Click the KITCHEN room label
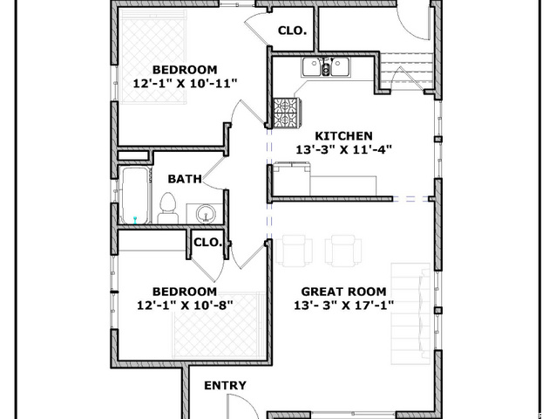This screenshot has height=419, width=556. (x=343, y=136)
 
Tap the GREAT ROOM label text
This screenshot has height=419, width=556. (x=343, y=292)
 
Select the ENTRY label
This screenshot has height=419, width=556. (x=225, y=386)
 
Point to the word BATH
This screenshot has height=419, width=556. (x=185, y=179)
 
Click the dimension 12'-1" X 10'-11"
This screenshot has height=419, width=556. (x=185, y=84)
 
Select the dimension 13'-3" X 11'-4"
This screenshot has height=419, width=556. (x=344, y=149)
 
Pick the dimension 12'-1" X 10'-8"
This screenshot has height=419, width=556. (x=185, y=305)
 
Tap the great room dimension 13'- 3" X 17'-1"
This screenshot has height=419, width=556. (x=344, y=305)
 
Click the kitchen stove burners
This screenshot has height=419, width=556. (x=288, y=113)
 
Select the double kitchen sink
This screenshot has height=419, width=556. (x=326, y=67)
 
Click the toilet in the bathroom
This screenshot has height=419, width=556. (x=167, y=208)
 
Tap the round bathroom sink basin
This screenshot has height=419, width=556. (x=206, y=214)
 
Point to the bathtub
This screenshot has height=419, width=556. (x=135, y=196)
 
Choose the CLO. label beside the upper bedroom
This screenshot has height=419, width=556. (x=292, y=31)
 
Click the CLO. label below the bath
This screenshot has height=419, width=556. (x=207, y=243)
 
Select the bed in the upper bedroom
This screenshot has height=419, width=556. (x=153, y=57)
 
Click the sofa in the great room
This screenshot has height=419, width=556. (x=410, y=313)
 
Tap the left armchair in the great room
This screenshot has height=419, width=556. (x=295, y=251)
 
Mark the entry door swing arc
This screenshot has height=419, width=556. (x=248, y=403)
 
